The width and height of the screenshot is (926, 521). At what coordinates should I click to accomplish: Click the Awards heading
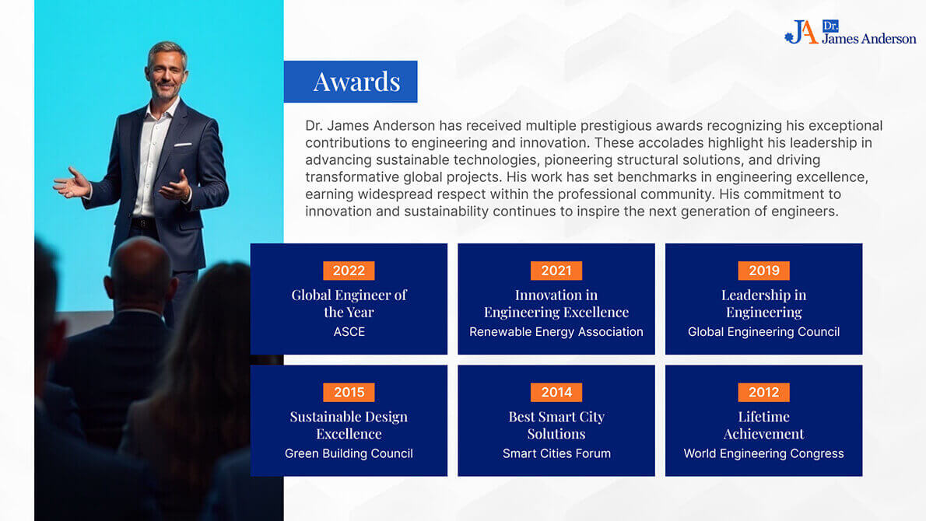[356, 82]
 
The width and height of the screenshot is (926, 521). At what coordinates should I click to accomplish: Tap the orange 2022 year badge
[349, 271]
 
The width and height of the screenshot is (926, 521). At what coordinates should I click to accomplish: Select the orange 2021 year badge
[556, 271]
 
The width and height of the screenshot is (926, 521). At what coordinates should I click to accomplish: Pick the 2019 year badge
[763, 271]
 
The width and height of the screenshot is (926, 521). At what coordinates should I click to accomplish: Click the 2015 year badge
[349, 393]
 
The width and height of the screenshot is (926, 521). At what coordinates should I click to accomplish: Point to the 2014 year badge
[556, 393]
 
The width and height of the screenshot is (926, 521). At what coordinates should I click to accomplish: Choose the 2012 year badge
[763, 393]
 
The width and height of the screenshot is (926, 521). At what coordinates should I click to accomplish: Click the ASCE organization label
[349, 331]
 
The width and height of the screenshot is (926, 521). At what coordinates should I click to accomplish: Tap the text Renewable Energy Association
[556, 331]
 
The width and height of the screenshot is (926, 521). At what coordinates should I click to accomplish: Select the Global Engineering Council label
[763, 331]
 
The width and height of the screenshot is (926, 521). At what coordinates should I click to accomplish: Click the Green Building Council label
[349, 453]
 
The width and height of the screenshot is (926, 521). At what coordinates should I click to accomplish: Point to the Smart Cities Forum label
[556, 453]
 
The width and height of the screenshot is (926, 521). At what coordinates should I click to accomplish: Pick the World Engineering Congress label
[763, 453]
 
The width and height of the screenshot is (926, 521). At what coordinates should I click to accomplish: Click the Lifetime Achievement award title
[763, 425]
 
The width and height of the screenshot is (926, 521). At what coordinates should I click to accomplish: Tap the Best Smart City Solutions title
[556, 425]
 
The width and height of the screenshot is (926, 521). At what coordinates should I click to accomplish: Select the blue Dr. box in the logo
[830, 26]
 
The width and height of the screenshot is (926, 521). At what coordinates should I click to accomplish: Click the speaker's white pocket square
[183, 144]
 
